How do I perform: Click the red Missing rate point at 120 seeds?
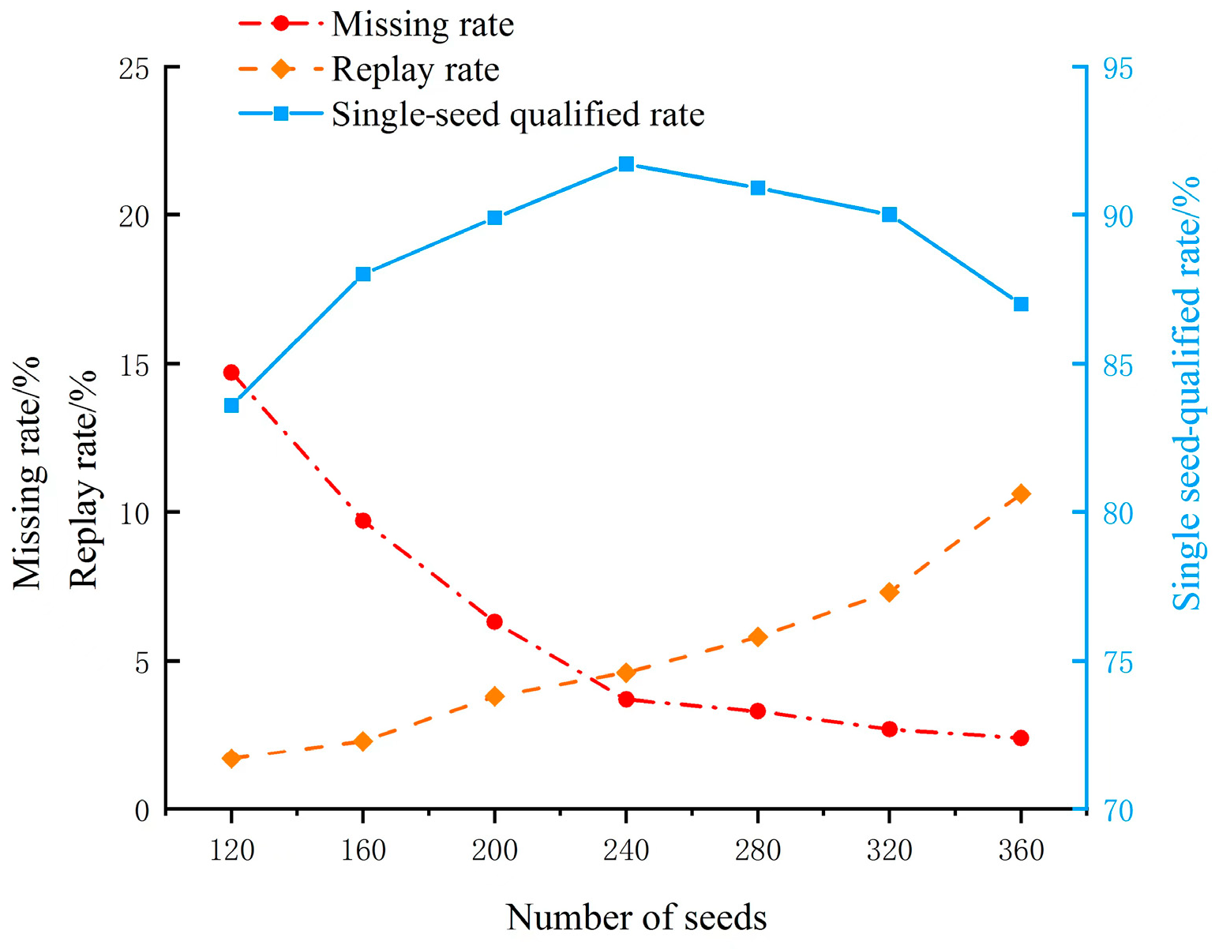point(231,373)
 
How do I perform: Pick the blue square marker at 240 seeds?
point(626,164)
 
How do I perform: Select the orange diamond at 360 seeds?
point(1021,494)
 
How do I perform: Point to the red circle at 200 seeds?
point(495,622)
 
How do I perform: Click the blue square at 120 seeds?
point(231,406)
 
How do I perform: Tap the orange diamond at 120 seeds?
point(231,759)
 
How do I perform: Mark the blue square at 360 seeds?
point(1021,304)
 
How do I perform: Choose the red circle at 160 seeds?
point(363,521)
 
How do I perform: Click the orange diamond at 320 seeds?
point(890,592)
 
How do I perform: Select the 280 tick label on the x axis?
point(758,850)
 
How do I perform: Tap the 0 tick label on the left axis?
point(142,811)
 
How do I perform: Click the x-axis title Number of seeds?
point(636,917)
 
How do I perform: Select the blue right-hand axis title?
point(1186,395)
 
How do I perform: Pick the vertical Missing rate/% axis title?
point(27,474)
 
